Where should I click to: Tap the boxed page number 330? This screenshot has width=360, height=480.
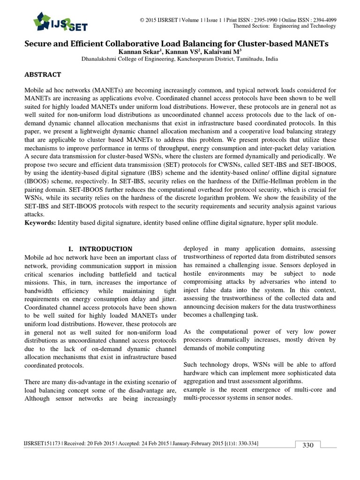coord(307,445)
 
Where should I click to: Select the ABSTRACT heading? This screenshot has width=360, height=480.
coord(43,74)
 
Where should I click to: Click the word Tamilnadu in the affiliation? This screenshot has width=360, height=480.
coord(247,60)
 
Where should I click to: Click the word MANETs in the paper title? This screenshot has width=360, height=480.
coord(306,44)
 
